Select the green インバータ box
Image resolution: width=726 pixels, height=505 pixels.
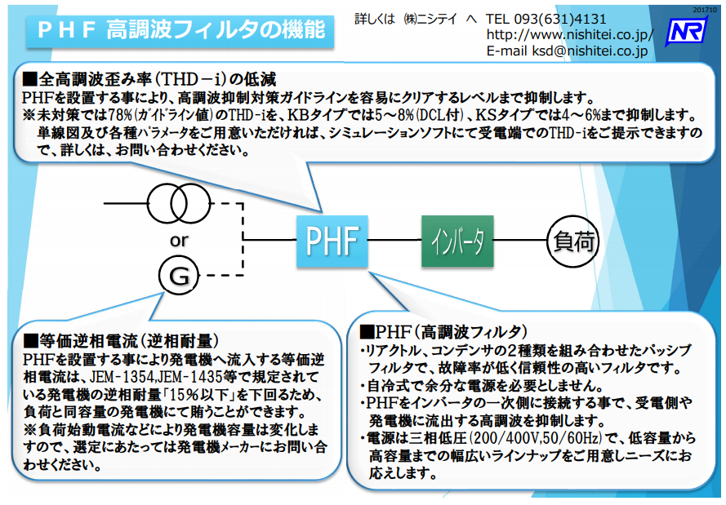(x=457, y=241)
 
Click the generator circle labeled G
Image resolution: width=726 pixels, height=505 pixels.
(x=179, y=276)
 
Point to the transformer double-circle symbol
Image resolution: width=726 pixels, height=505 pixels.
(x=179, y=202)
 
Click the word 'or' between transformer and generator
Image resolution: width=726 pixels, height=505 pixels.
(x=178, y=240)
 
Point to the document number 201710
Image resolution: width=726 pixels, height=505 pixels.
(x=705, y=7)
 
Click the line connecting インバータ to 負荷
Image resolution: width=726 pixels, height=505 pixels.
(x=519, y=241)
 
